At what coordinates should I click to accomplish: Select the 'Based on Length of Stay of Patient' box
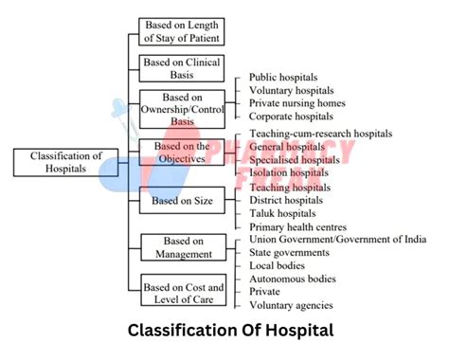click(182, 31)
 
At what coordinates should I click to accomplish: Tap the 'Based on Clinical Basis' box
click(182, 68)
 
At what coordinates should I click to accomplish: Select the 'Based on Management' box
click(182, 247)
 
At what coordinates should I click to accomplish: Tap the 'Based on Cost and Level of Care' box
click(183, 293)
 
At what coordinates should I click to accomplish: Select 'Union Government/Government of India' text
click(337, 241)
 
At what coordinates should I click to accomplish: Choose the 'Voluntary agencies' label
click(291, 306)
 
